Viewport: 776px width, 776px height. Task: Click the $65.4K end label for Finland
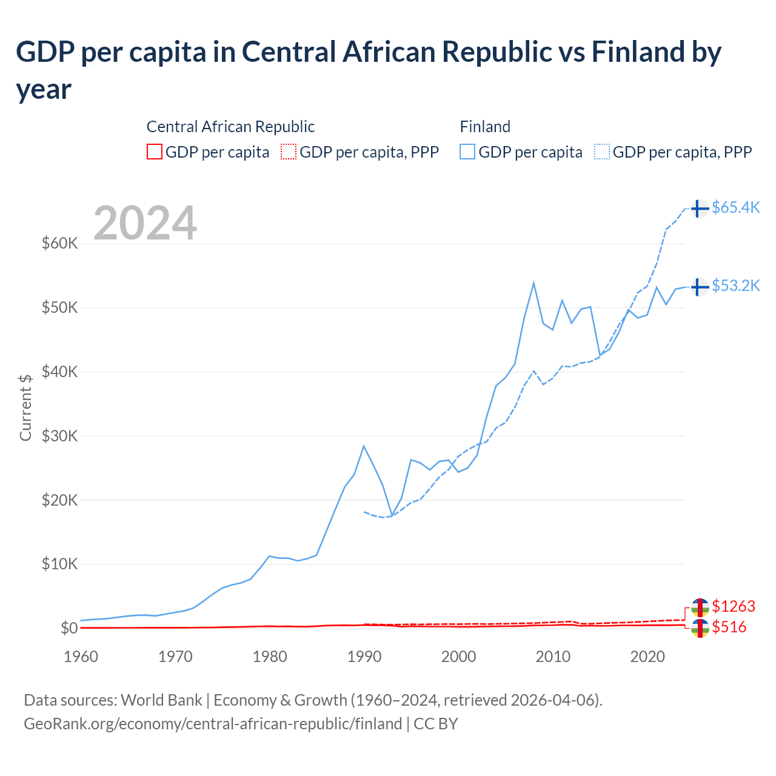coord(735,208)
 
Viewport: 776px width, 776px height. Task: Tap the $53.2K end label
coord(735,286)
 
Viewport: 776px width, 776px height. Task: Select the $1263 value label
coord(734,607)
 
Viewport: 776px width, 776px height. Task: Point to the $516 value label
coord(729,627)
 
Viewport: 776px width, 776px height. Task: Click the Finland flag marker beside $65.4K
coord(700,209)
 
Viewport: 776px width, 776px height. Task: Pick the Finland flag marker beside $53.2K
coord(700,287)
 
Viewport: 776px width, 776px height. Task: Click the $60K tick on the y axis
coord(59,244)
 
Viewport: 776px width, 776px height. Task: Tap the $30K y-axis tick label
coord(59,436)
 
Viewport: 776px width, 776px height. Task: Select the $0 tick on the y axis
coord(69,629)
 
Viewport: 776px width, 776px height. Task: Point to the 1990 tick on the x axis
coord(364,657)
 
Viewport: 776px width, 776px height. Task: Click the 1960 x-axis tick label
coord(81,657)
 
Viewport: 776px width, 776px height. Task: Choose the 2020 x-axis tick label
coord(647,657)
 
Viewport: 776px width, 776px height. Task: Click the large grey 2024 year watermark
coord(145,223)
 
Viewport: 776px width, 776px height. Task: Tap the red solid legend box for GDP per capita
coord(155,152)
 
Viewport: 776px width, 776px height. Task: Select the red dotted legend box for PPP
coord(289,152)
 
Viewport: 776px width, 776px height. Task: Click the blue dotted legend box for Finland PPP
coord(602,152)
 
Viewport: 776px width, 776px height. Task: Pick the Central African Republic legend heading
coord(230,127)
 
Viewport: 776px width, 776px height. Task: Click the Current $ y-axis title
coord(25,407)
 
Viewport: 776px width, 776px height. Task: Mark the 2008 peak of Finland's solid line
coord(533,283)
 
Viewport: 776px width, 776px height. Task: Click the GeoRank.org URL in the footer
coord(213,724)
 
